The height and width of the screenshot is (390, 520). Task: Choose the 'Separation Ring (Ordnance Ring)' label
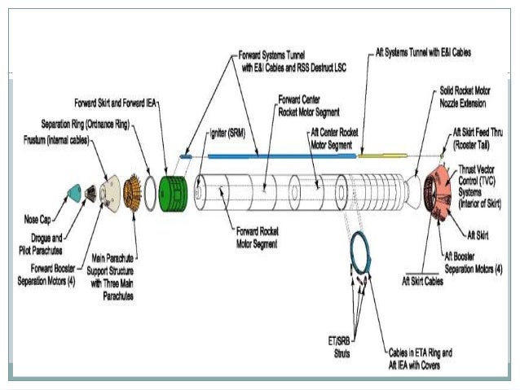click(x=88, y=125)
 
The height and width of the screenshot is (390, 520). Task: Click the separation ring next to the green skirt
click(x=151, y=190)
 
